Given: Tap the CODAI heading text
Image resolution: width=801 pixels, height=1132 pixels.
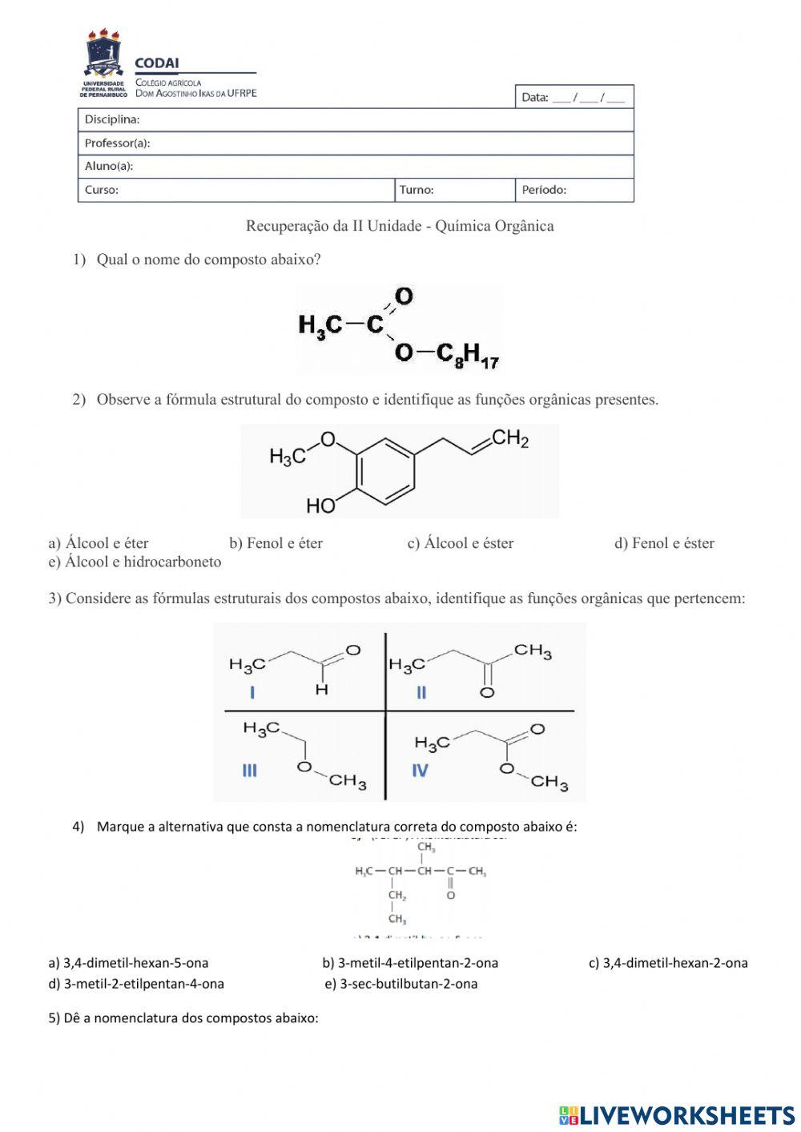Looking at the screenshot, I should (x=157, y=63).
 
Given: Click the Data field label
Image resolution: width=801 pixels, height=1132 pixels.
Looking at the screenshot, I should (x=535, y=98).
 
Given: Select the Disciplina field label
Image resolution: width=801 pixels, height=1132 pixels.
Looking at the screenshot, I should (x=112, y=119).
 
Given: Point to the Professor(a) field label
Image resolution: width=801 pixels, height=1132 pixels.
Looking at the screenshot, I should (x=117, y=143).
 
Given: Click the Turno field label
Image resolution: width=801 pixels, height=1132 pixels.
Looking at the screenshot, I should (x=417, y=190).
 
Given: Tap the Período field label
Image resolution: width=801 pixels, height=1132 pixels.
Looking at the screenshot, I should (x=544, y=190).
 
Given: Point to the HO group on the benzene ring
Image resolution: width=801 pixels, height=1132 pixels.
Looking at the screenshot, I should (x=321, y=506).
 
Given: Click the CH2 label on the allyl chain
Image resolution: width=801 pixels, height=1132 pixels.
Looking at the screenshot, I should (x=510, y=438).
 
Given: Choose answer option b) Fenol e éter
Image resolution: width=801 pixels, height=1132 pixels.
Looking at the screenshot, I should (x=276, y=543).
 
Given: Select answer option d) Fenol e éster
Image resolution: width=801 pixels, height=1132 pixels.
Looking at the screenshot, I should (x=664, y=543).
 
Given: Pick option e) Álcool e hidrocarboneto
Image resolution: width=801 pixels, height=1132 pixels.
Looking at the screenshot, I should (x=135, y=562).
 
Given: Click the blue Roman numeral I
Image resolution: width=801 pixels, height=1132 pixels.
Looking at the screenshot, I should (x=252, y=692).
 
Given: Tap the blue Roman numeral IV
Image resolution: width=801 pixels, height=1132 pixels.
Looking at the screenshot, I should (x=420, y=770).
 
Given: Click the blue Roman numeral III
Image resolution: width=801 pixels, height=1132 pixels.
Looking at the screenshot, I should (x=250, y=770).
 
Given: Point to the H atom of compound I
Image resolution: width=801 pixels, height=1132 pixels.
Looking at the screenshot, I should (x=321, y=689).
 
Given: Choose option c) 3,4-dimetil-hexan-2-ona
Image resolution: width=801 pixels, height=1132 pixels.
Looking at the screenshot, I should (x=668, y=963).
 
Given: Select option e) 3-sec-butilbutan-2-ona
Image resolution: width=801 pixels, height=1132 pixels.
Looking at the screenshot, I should (x=401, y=984).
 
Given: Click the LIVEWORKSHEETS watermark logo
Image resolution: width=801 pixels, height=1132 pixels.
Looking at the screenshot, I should (x=677, y=1114).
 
